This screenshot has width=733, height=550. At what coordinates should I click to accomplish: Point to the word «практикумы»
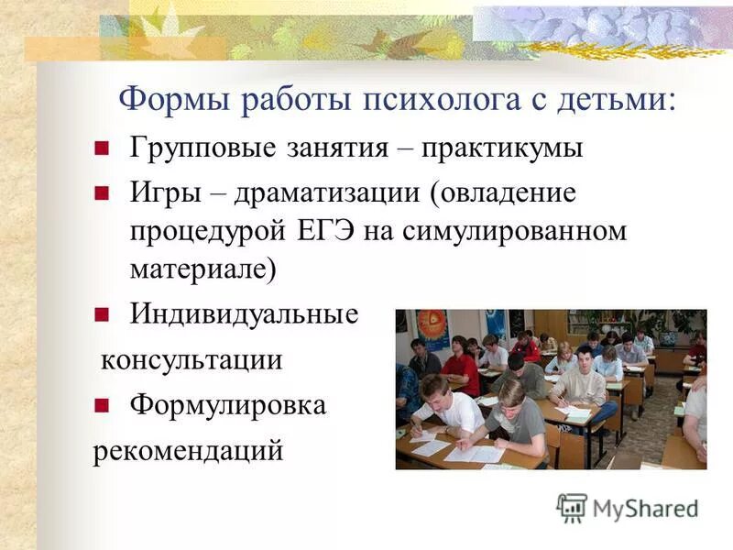point(502,148)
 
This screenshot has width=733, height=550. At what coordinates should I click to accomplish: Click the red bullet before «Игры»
point(102,192)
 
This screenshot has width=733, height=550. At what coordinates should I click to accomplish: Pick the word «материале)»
point(202,268)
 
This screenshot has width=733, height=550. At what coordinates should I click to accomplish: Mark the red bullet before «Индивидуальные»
point(102,314)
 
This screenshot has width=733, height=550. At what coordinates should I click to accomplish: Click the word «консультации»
point(191,360)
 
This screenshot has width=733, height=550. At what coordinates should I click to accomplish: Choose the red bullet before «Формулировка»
point(102,405)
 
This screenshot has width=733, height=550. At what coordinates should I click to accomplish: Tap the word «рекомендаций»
point(188,451)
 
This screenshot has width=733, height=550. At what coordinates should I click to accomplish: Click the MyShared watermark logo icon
point(572,507)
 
